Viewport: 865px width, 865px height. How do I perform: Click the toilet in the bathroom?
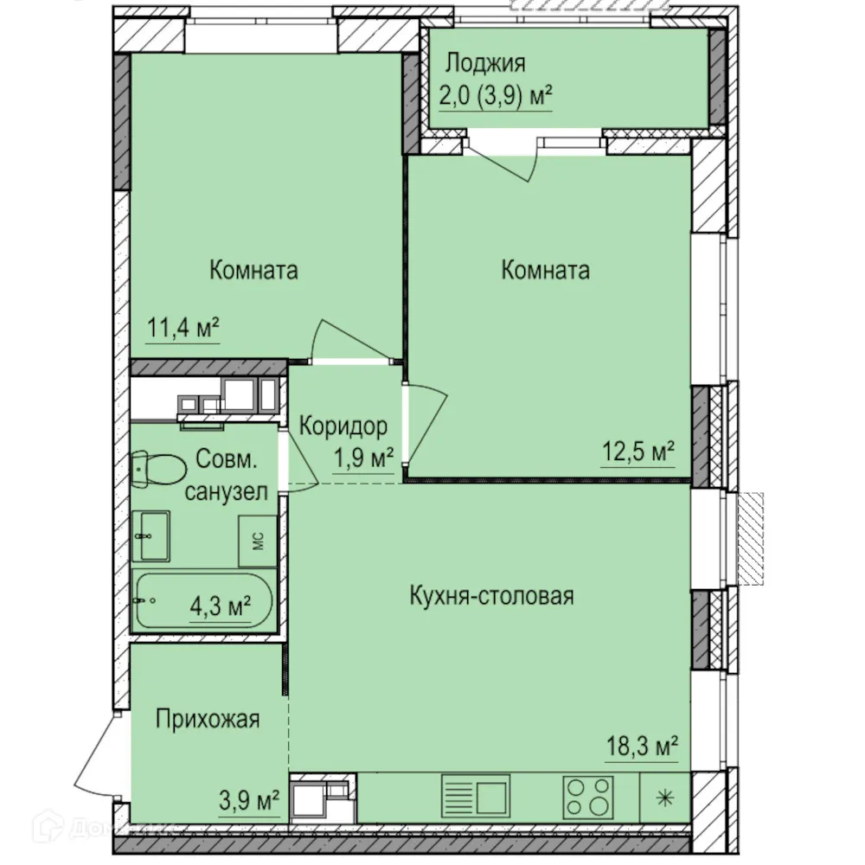pyautogui.click(x=157, y=470)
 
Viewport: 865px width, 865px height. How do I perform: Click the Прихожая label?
pyautogui.click(x=208, y=719)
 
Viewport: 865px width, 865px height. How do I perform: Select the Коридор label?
pyautogui.click(x=343, y=426)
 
